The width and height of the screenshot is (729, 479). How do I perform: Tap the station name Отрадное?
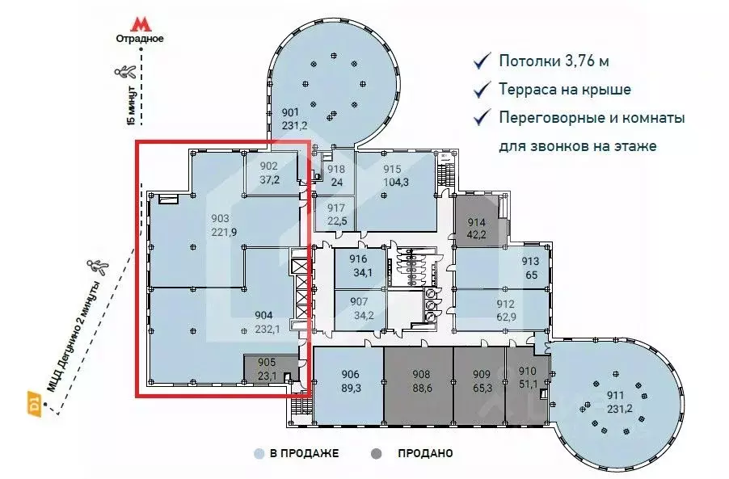[141, 39]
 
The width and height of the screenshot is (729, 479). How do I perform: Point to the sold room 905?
[268, 369]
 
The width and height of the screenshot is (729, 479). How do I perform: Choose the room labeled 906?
[350, 380]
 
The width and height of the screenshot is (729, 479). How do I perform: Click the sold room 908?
[421, 380]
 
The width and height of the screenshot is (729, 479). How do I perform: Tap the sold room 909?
[482, 380]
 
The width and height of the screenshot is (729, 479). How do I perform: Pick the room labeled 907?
[360, 309]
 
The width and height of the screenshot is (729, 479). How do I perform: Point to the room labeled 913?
[529, 267]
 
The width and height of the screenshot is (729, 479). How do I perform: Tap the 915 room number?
[392, 169]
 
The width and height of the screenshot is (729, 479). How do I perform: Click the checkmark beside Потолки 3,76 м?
[482, 61]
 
